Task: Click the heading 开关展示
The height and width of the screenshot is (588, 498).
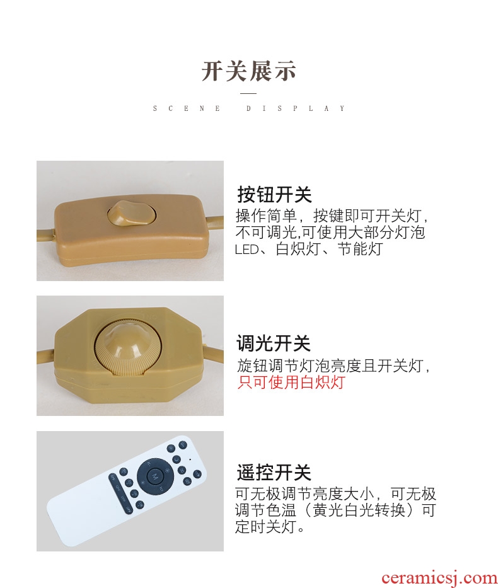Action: (x=248, y=71)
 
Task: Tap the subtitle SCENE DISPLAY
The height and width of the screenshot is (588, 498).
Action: (x=248, y=108)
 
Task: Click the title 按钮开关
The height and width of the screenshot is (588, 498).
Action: (x=274, y=194)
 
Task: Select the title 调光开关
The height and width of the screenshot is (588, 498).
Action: (x=274, y=343)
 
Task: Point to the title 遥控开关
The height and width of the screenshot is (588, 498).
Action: (x=274, y=472)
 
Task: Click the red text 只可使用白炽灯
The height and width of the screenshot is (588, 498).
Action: (x=291, y=382)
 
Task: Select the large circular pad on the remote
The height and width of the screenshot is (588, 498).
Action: (x=155, y=476)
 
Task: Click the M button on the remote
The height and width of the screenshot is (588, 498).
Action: (x=155, y=476)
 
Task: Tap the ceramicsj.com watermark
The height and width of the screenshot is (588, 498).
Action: (x=439, y=577)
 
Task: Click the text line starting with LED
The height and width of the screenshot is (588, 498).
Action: (x=309, y=249)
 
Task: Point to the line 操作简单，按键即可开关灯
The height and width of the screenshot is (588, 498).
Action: (x=332, y=216)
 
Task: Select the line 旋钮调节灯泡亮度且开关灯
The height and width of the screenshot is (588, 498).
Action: (x=333, y=366)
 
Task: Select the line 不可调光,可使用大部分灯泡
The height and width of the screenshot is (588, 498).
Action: (x=330, y=233)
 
